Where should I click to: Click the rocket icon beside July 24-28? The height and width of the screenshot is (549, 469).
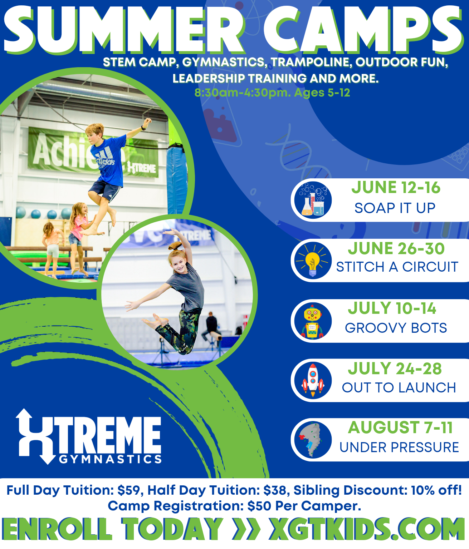click(x=313, y=380)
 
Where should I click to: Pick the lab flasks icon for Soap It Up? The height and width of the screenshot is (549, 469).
click(x=313, y=200)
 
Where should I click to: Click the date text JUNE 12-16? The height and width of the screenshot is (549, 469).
click(x=396, y=188)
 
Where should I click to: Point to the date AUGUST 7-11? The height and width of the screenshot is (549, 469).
click(x=400, y=427)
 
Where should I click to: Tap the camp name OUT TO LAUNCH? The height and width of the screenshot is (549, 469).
click(x=399, y=387)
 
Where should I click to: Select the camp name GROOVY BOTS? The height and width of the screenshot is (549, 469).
click(x=396, y=328)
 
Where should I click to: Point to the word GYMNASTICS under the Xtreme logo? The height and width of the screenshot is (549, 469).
click(x=110, y=459)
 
